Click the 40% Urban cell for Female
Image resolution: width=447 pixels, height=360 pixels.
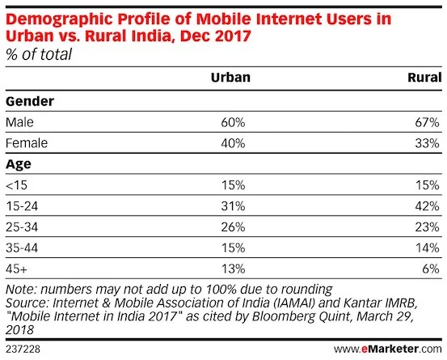[234, 142]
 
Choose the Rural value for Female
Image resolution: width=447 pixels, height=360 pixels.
[428, 142]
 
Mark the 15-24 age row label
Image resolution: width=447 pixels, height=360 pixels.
[23, 205]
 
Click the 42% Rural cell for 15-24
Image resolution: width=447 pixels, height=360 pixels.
[428, 205]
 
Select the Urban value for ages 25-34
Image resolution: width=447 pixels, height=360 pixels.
[234, 227]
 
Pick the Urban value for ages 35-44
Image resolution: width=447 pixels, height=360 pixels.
[234, 248]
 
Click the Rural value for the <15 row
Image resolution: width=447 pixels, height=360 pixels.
[428, 184]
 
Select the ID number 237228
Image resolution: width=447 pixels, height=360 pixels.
[23, 349]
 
